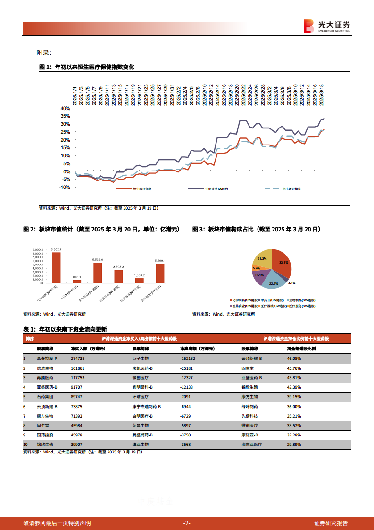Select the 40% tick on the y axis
click(65, 108)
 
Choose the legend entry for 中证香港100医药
click(216, 188)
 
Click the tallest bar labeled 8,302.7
click(56, 267)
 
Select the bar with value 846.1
click(77, 281)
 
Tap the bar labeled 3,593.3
click(118, 276)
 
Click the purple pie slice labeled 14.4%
click(259, 275)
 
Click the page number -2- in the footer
click(187, 523)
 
